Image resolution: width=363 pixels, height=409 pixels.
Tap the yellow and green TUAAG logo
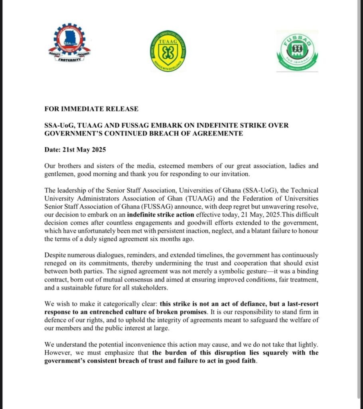[x=168, y=53]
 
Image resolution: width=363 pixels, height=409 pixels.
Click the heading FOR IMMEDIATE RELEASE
[x=91, y=109]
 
